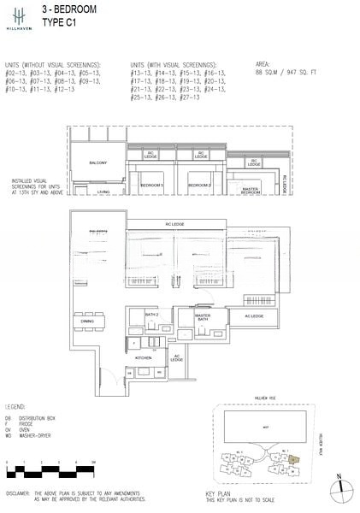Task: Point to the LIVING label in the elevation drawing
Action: (x=103, y=192)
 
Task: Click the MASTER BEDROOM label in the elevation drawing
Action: (x=251, y=192)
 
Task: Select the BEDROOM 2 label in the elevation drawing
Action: (x=200, y=185)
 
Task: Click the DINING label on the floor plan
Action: (x=99, y=321)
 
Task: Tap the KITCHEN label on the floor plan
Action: (x=142, y=358)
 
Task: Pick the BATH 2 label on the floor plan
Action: (x=152, y=315)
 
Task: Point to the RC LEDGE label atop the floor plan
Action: (x=176, y=225)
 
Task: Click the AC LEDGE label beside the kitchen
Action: (x=177, y=358)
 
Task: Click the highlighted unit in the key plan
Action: (x=294, y=459)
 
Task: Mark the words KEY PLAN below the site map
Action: (x=218, y=494)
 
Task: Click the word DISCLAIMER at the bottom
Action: (x=20, y=495)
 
